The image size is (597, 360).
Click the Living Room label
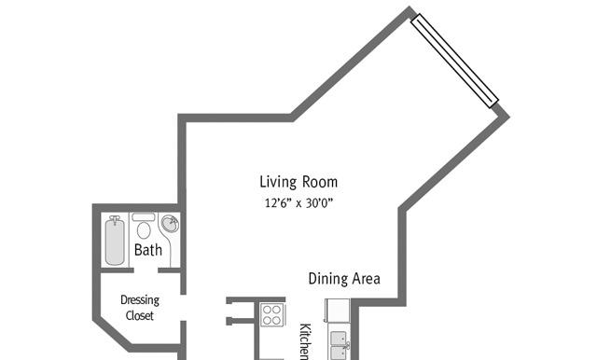298,182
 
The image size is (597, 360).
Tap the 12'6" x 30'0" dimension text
298,203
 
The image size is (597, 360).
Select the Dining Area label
344,279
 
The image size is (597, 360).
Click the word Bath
148,250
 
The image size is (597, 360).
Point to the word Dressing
140,300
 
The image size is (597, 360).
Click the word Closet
140,315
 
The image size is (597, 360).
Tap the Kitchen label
305,341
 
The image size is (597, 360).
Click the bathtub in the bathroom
115,240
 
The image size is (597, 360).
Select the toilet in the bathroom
144,226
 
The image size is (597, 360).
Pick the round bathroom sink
170,224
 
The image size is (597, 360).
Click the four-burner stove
271,314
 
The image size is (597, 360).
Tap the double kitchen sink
339,345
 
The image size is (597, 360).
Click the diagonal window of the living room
454,61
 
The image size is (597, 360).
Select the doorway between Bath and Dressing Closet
146,270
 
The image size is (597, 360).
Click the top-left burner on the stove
267,310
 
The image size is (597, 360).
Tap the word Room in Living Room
320,182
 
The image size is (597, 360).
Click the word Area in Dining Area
367,279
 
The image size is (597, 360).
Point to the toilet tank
144,217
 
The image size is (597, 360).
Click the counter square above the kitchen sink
338,311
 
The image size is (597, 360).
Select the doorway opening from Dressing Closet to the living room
183,308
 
